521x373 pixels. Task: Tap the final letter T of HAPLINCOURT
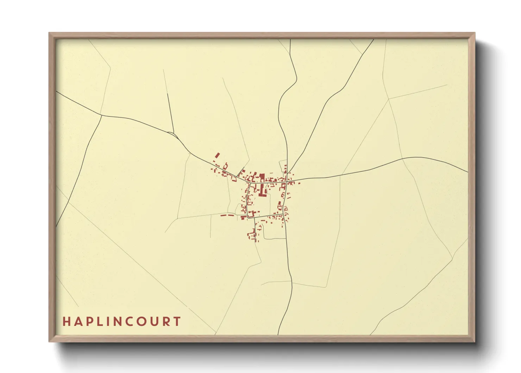177,322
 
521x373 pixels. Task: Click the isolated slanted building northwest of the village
217,155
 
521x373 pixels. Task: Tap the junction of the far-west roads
101,115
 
